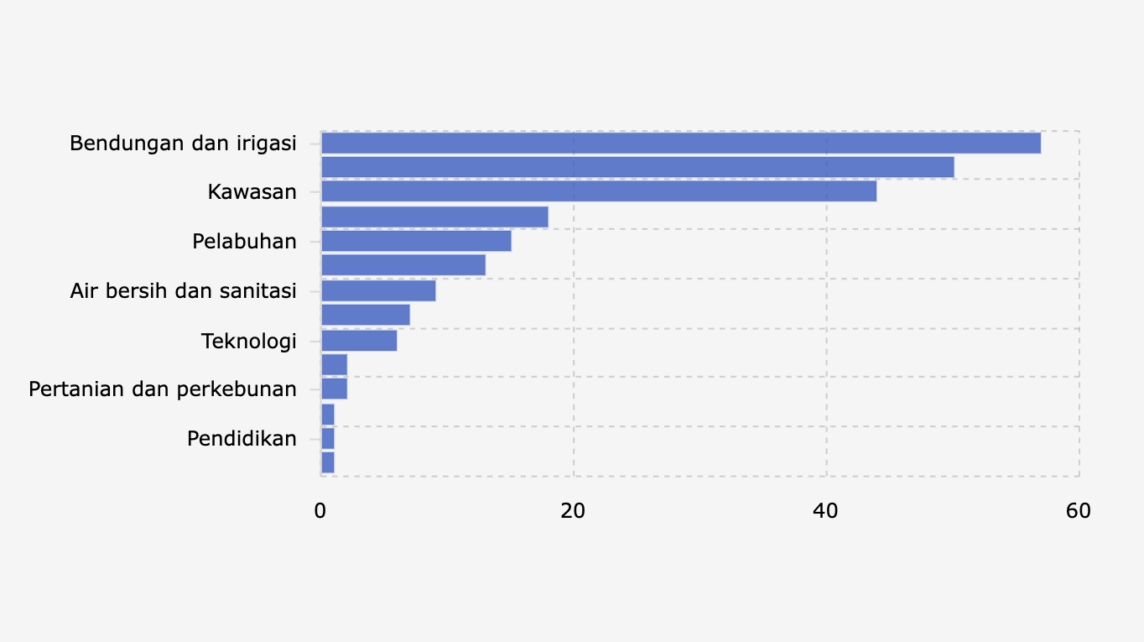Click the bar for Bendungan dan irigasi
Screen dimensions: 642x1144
680,144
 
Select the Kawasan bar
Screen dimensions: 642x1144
598,191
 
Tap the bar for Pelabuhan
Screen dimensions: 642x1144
416,241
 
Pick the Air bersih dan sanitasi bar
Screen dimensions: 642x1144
378,290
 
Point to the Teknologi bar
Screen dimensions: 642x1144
359,341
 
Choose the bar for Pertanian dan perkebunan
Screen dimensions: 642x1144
334,389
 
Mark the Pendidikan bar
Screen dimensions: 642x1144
328,438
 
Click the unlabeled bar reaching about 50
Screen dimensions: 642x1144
637,167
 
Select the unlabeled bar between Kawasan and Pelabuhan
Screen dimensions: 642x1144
434,217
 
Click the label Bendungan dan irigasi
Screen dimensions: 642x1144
183,144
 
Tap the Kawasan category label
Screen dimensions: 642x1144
252,192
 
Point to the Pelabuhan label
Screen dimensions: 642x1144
244,242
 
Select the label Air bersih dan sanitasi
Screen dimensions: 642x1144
183,291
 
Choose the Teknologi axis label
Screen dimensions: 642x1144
249,342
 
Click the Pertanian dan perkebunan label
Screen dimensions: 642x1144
163,389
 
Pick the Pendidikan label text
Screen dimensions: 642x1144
242,439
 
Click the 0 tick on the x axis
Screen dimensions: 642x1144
320,510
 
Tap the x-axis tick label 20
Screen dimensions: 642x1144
573,510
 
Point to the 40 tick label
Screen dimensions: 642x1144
826,510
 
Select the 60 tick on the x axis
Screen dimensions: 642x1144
1079,510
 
